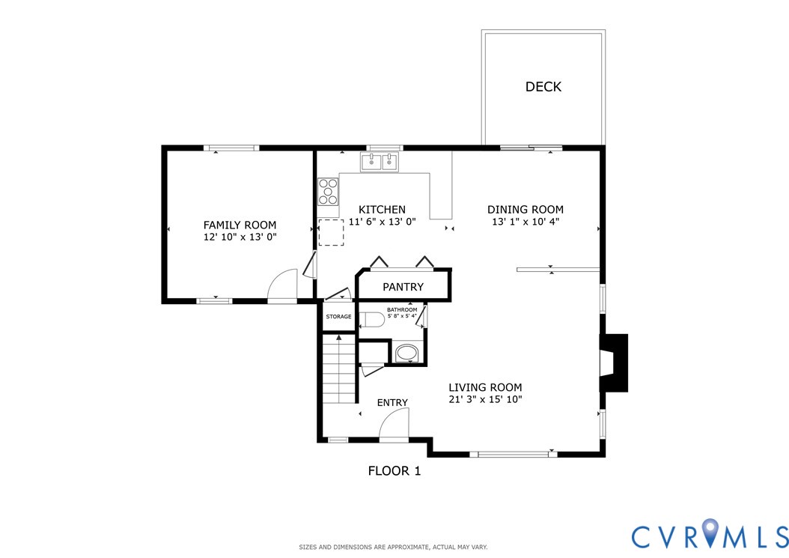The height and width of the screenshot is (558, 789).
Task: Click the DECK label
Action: [543, 87]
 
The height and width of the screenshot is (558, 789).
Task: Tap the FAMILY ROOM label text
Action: [240, 225]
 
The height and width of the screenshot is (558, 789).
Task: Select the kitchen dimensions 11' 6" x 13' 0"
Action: [382, 222]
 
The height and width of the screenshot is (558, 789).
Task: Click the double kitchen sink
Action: [380, 161]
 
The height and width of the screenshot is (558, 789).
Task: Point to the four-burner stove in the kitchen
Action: [327, 191]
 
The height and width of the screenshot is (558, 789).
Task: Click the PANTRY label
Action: [403, 287]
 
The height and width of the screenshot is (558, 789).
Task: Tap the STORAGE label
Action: [338, 317]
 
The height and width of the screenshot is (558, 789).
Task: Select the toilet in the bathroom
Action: [372, 320]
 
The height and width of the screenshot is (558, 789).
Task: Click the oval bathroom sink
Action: [408, 353]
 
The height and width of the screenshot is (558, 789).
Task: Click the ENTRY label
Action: [392, 403]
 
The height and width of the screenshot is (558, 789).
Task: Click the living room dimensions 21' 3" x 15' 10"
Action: [485, 400]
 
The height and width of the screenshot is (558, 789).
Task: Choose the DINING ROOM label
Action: [526, 210]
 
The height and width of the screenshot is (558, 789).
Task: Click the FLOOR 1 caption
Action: [394, 471]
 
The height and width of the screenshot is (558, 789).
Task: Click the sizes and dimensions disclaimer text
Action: [394, 547]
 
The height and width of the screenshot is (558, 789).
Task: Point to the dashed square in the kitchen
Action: [331, 233]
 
